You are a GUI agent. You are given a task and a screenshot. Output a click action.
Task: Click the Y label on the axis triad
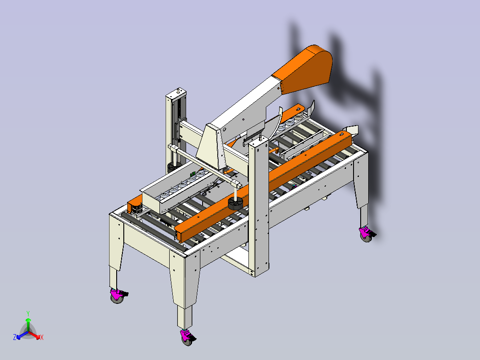click(28, 313)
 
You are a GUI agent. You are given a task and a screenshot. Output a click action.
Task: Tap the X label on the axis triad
click(42, 337)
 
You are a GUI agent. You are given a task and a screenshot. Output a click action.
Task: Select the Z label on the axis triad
click(15, 337)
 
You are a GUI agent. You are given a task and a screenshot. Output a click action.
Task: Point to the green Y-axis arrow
click(28, 324)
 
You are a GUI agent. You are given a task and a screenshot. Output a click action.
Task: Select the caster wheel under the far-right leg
click(366, 234)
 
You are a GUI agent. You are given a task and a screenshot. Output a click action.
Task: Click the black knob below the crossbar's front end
click(235, 204)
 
